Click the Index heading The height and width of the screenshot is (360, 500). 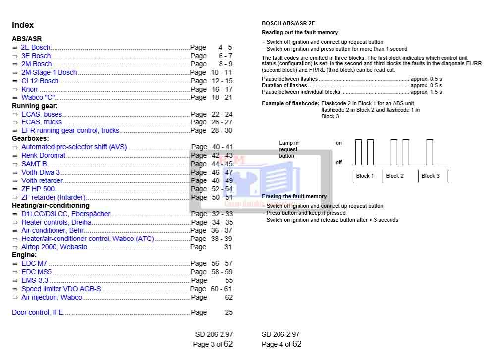coord(23,25)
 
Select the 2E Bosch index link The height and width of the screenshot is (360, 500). coord(36,48)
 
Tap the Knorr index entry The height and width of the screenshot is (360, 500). coord(30,89)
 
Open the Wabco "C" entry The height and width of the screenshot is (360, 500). coord(38,98)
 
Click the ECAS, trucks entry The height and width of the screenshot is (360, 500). coord(42,122)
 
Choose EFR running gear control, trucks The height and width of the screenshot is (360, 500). coord(70,131)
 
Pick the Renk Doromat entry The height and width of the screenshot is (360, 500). coord(43,156)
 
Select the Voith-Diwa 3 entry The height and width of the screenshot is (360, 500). coord(41,172)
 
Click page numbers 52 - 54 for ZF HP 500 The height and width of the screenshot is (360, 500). coord(222,189)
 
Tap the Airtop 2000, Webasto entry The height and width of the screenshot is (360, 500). coord(54,247)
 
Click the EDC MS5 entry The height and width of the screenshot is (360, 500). coord(36,272)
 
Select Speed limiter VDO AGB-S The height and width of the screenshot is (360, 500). coord(61,289)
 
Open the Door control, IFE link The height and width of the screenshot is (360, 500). coord(38,312)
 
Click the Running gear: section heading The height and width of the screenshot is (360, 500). coord(35,106)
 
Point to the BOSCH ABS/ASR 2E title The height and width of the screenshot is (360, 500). coord(288,23)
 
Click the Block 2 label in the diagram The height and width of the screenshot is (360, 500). coord(394,176)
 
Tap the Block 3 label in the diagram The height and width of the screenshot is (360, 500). coord(430,176)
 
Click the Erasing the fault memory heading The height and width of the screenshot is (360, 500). coord(294,196)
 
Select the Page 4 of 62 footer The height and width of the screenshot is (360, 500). coord(281,344)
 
